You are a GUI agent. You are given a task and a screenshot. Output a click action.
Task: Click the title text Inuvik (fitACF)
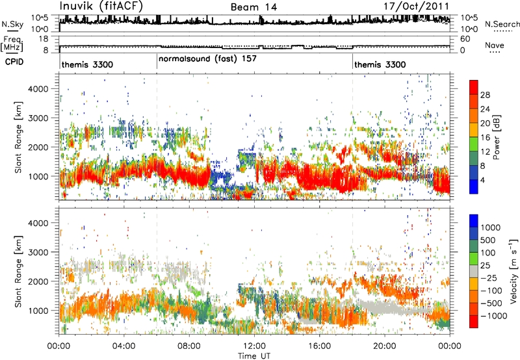tap(101, 6)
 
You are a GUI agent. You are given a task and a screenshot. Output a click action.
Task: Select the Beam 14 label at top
tap(253, 7)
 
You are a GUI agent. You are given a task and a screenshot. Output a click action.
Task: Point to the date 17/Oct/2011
tap(416, 6)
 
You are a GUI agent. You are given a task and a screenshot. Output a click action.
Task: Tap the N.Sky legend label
tap(12, 24)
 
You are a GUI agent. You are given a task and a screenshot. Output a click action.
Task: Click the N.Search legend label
tap(502, 24)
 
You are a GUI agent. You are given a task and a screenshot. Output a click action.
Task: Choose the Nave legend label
tap(495, 45)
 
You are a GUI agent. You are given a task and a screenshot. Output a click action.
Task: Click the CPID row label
tap(14, 62)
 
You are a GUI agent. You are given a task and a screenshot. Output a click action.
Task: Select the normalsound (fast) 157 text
tap(207, 59)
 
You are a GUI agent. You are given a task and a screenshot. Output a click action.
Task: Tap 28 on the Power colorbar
tap(485, 95)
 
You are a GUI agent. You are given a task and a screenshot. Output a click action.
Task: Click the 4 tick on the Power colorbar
tap(482, 181)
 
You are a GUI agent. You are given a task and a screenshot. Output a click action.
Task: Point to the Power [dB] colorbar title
tap(497, 137)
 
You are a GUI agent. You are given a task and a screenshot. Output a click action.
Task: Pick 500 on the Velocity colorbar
tap(487, 240)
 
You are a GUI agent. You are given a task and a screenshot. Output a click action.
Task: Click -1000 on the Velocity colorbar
tap(494, 316)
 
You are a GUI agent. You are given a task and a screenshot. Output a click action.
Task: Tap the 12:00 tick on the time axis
tap(254, 346)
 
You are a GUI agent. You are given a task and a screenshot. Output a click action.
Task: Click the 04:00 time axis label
tap(124, 346)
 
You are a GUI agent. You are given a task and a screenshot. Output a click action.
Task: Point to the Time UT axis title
tap(254, 356)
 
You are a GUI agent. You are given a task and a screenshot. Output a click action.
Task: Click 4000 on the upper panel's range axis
tap(38, 89)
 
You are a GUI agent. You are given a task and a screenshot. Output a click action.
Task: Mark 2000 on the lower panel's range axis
tap(38, 281)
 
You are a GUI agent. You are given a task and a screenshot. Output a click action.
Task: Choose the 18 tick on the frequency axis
tap(44, 39)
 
